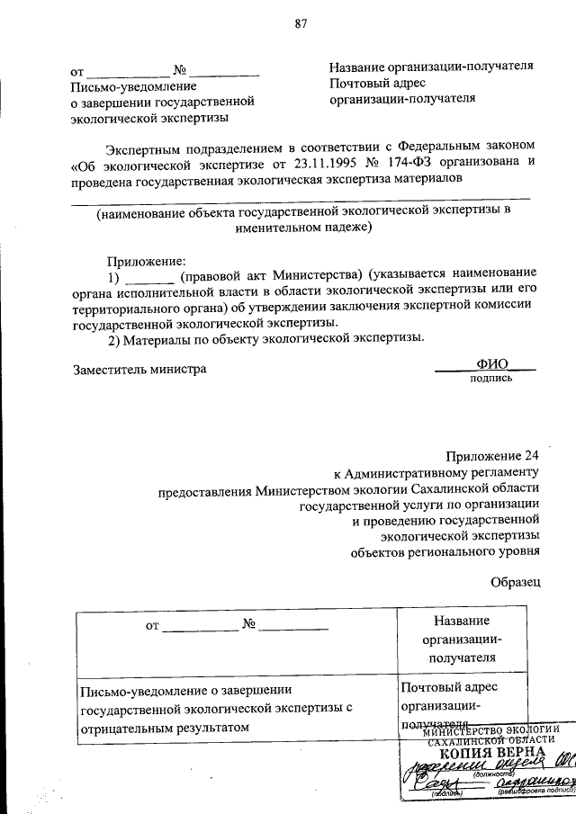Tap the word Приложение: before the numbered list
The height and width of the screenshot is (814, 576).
[x=147, y=260]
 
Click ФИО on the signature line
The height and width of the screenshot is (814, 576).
[x=493, y=364]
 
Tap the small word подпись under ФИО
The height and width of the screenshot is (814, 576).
[x=491, y=379]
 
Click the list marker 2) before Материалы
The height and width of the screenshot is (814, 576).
[x=113, y=338]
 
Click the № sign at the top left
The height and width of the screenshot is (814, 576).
[x=179, y=68]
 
